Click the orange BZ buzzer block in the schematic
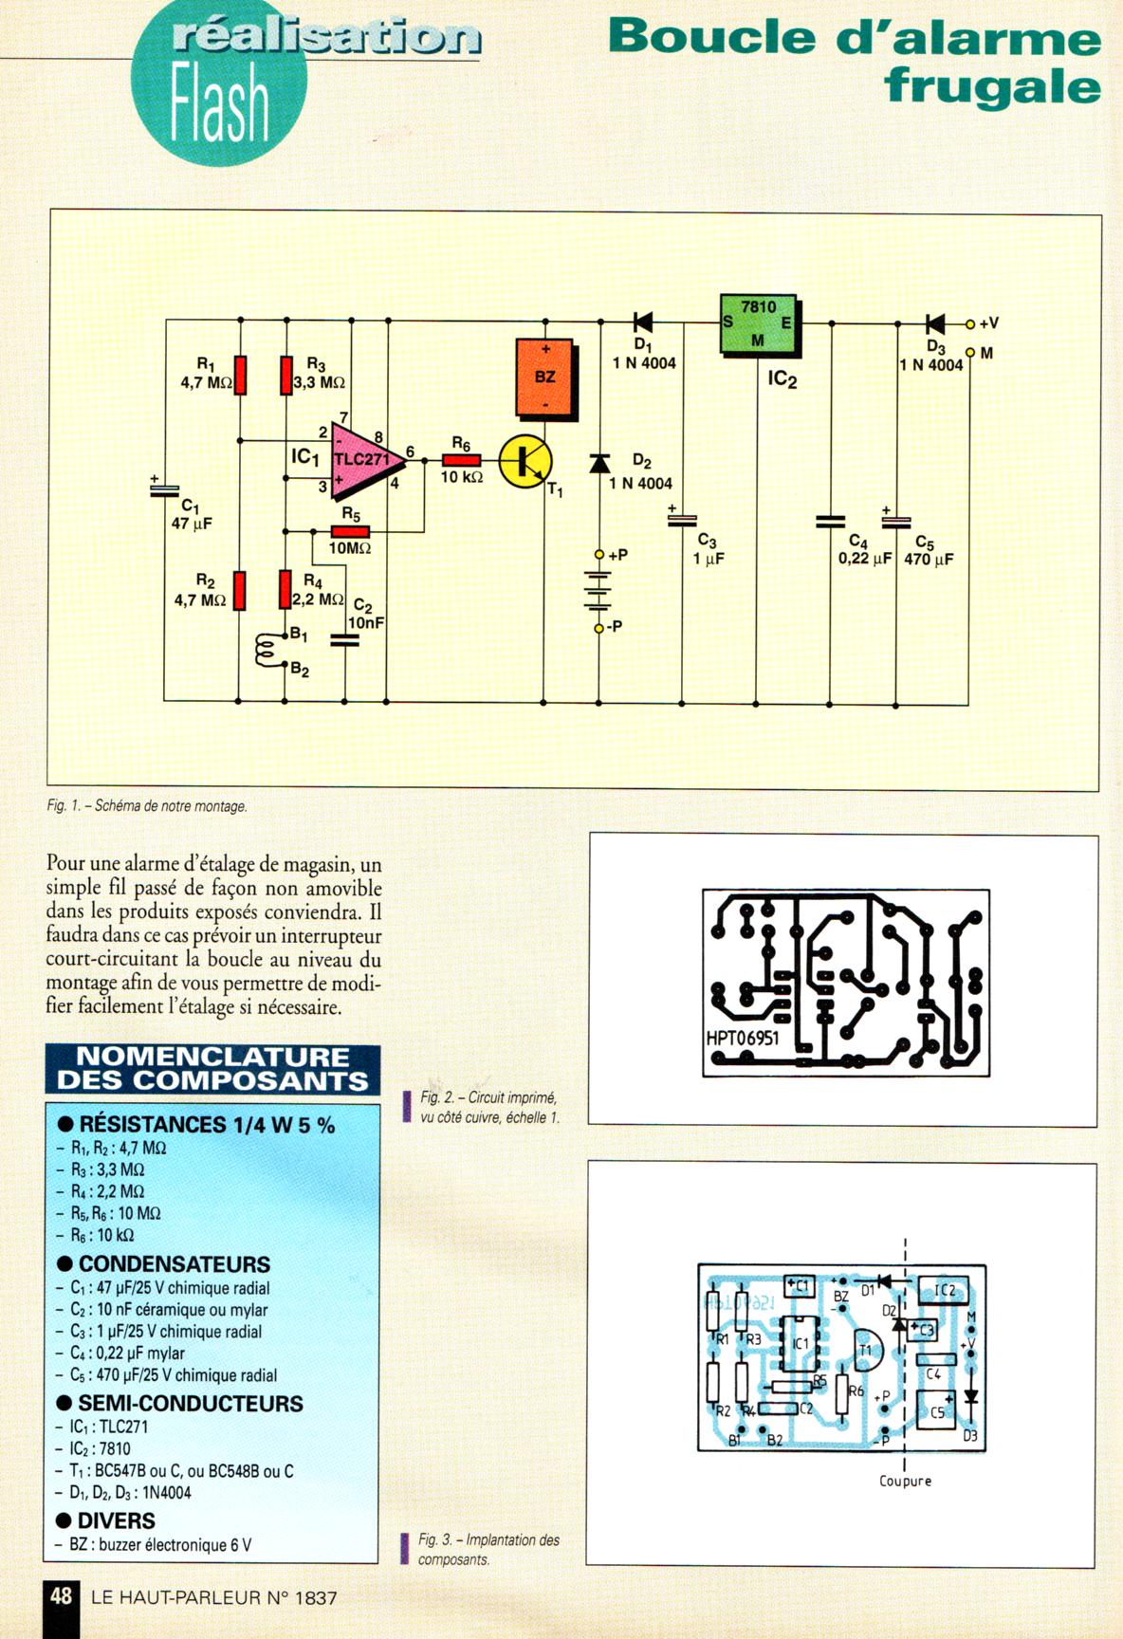coord(544,377)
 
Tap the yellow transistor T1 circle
coord(525,461)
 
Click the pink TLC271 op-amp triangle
coord(362,459)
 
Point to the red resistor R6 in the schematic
coord(461,460)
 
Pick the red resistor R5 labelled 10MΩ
coord(350,532)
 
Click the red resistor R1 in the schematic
coord(241,375)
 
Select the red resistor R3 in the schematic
coord(286,375)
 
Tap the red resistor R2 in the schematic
coord(240,591)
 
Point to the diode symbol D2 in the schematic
coord(599,464)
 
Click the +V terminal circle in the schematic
coord(969,324)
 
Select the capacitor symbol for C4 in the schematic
coord(830,521)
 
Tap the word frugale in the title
coord(992,86)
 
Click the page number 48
coord(61,1595)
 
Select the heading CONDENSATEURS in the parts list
coord(174,1264)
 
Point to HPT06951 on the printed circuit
coord(742,1039)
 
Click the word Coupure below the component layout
coord(905,1481)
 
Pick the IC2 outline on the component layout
coord(944,1291)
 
